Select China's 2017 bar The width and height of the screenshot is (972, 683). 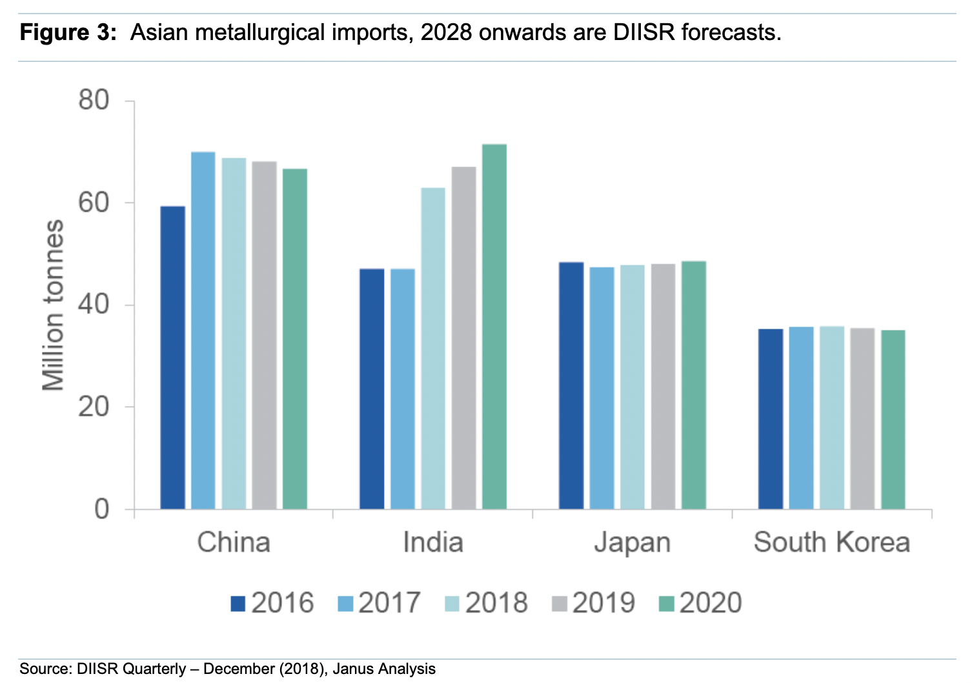203,330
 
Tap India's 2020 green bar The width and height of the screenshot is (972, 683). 494,326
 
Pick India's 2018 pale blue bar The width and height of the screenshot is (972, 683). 433,348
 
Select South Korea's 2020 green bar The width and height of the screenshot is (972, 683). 893,419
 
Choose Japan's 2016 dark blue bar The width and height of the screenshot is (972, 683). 571,385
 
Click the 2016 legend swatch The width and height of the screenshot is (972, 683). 238,604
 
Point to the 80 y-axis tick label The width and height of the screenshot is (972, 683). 94,101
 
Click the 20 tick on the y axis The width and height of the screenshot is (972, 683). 94,407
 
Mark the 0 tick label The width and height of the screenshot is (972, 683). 102,509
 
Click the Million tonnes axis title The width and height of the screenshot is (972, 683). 54,305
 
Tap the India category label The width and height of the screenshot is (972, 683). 433,542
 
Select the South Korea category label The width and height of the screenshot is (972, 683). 832,542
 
